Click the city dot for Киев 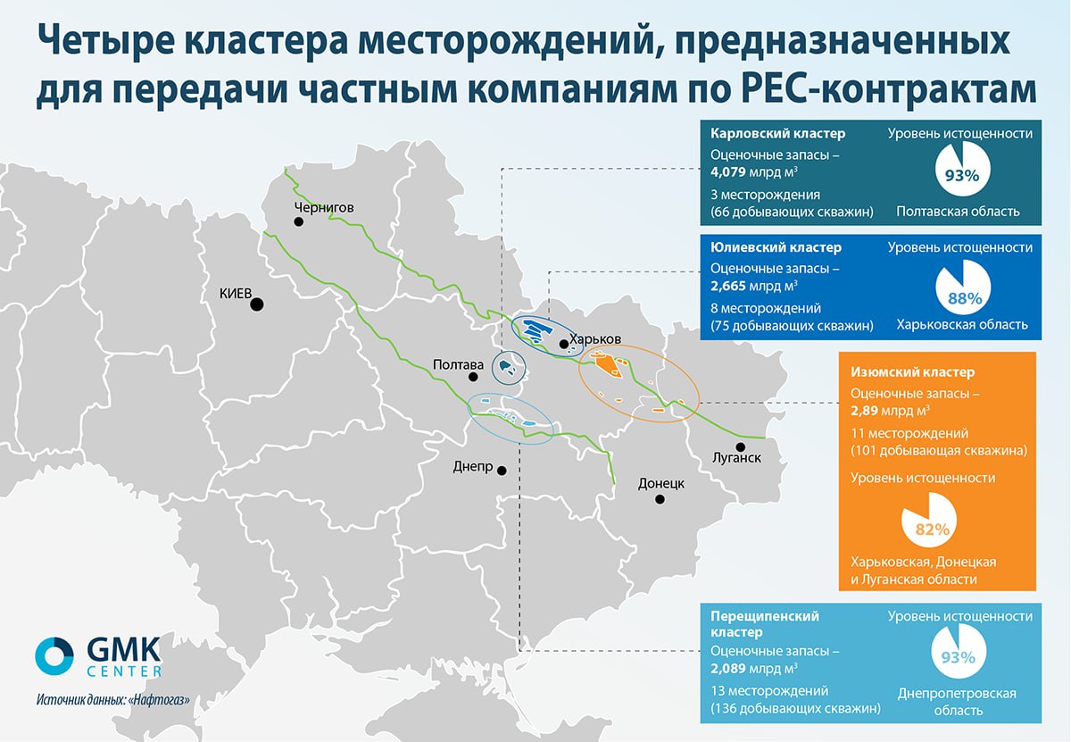point(257,304)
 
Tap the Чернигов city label point(324,208)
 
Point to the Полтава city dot point(473,377)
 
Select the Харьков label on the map point(595,339)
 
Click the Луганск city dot point(741,446)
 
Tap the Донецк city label point(661,484)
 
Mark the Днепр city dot point(502,471)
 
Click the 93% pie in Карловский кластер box point(962,169)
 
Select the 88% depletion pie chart point(963,288)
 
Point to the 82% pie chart point(929,520)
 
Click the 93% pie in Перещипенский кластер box point(959,651)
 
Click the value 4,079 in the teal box point(727,171)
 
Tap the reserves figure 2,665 point(727,286)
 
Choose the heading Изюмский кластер point(912,372)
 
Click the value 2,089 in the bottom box point(727,668)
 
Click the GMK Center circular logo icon point(54,656)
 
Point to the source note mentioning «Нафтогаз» point(113,700)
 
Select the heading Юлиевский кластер point(776,247)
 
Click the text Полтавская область point(958,212)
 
